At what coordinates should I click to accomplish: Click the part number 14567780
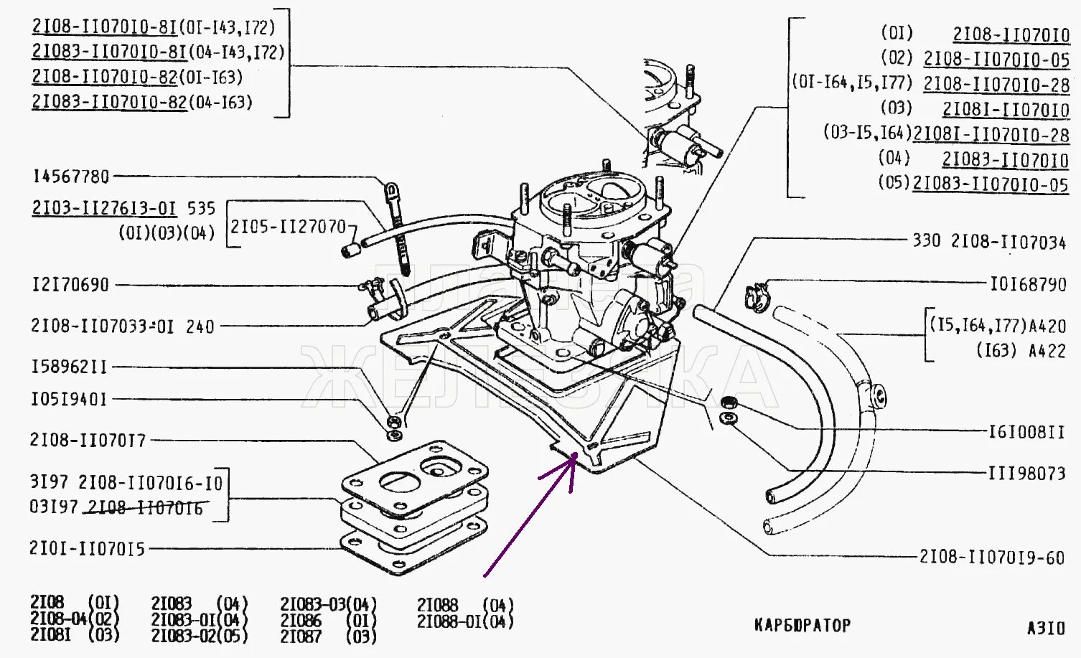(71, 177)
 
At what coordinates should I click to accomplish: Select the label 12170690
(70, 285)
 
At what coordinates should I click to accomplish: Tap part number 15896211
(69, 367)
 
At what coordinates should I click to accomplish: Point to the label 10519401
(69, 399)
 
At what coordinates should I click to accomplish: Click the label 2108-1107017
(88, 440)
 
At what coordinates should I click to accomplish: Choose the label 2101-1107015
(87, 549)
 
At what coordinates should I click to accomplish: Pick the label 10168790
(1028, 285)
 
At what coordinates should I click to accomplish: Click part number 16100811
(1026, 432)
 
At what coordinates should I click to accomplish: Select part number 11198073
(1026, 474)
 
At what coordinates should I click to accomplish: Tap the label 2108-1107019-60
(991, 558)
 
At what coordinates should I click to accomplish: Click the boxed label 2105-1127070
(289, 227)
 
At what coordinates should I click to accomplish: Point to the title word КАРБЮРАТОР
(802, 626)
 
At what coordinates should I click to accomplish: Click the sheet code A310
(1046, 629)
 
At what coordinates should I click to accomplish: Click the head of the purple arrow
(574, 456)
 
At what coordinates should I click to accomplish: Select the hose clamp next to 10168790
(756, 295)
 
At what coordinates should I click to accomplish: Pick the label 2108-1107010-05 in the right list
(996, 60)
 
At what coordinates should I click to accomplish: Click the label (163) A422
(1020, 351)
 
